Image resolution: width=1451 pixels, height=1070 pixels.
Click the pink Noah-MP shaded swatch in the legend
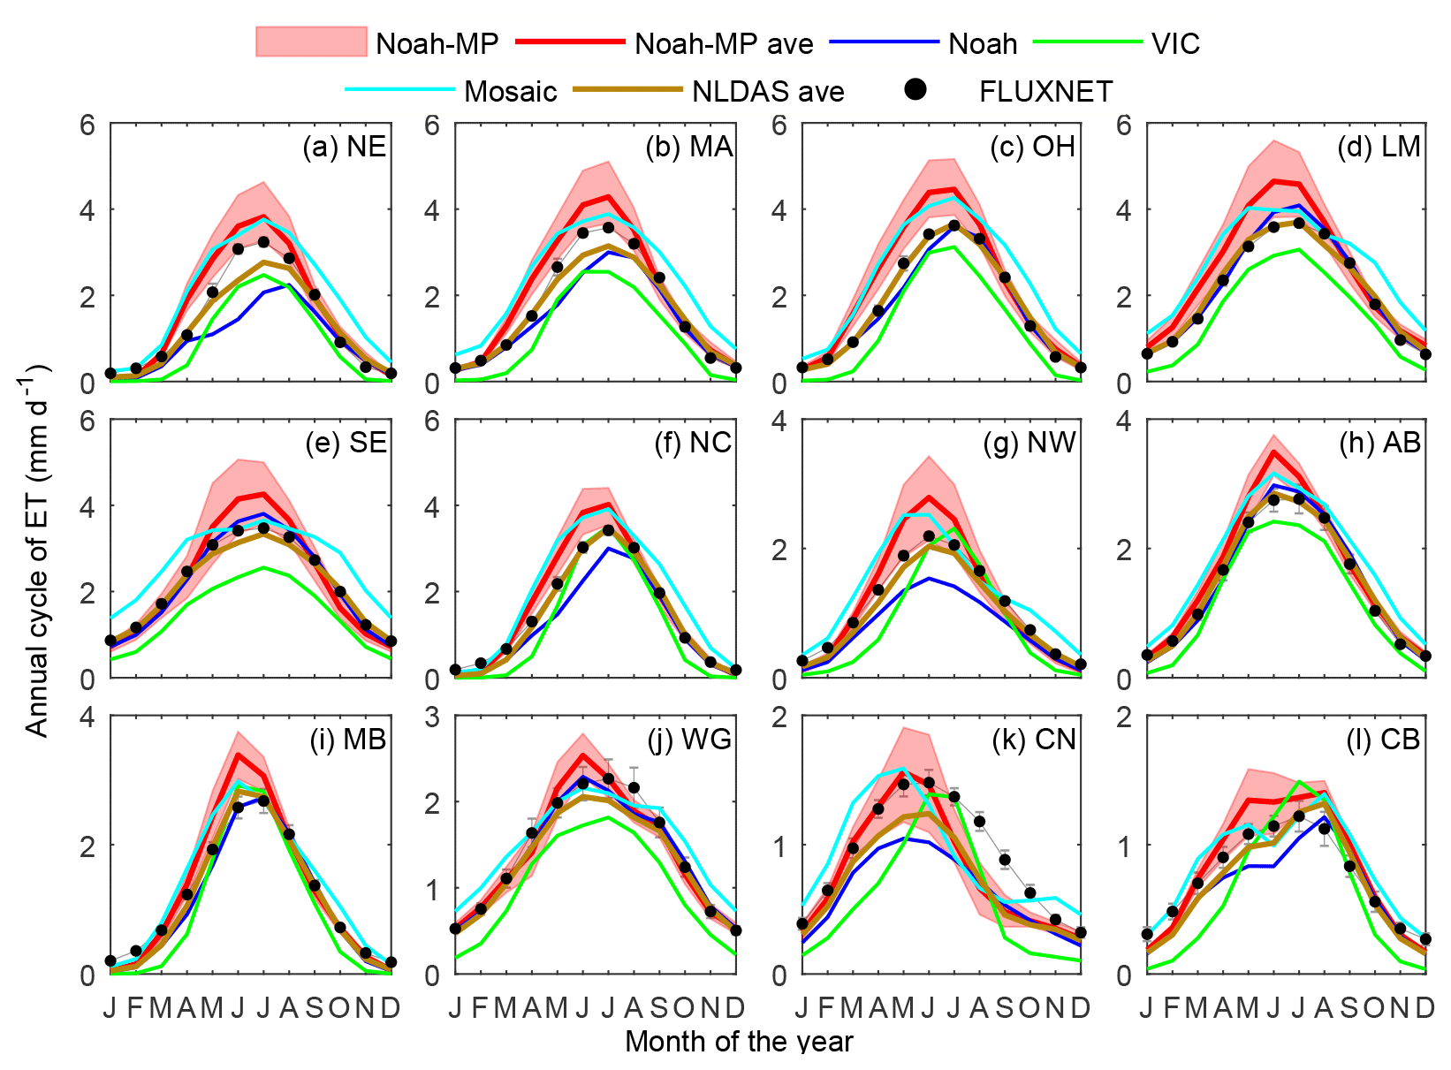coord(310,42)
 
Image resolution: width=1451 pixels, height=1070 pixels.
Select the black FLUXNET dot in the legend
coord(916,89)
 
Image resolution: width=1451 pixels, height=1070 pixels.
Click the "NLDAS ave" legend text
coord(768,91)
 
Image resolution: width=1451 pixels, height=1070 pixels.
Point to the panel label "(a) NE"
coord(345,147)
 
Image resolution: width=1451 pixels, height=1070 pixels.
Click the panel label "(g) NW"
coord(1029,443)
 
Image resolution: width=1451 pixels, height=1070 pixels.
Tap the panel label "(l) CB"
coord(1382,739)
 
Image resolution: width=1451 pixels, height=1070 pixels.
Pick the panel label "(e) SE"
coord(346,443)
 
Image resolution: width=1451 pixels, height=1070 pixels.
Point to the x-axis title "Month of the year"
coord(739,1042)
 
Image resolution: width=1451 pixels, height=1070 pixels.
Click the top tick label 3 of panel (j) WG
coord(432,717)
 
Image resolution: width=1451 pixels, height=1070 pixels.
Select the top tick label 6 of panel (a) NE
coord(87,125)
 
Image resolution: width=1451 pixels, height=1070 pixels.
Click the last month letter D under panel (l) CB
coord(1425,1007)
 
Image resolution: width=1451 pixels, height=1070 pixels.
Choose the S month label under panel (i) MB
coord(315,1007)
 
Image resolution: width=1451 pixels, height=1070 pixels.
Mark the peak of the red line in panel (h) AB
coord(1273,452)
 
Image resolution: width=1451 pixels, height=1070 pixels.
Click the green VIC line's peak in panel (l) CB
coord(1299,782)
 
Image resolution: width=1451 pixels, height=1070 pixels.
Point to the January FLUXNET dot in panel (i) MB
coord(110,960)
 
